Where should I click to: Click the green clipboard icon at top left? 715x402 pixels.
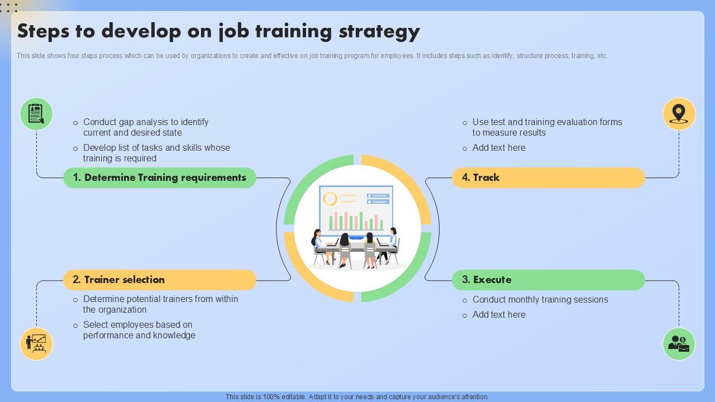click(x=36, y=114)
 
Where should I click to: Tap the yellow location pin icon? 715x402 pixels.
click(x=679, y=114)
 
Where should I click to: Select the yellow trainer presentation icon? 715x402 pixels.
click(x=36, y=344)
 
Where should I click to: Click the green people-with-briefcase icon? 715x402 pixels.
click(x=679, y=344)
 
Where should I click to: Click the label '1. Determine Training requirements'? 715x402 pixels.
click(x=160, y=178)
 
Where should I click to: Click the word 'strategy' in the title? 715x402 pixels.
click(x=379, y=32)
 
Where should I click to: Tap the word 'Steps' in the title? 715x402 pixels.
click(x=45, y=32)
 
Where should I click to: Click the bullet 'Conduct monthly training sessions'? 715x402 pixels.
click(x=540, y=300)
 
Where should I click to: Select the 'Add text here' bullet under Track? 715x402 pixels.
click(x=498, y=148)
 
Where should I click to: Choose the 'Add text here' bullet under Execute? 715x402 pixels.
click(x=498, y=315)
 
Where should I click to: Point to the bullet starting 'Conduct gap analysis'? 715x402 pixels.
click(x=145, y=127)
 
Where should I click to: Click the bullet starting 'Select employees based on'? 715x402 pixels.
click(x=139, y=330)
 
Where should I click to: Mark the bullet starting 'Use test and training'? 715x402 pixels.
click(x=546, y=127)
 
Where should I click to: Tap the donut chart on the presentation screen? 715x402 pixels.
click(x=330, y=199)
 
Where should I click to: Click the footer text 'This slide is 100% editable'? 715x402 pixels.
click(x=357, y=397)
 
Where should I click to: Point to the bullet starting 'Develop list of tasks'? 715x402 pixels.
click(x=156, y=153)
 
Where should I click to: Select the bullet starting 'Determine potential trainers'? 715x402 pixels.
click(x=160, y=304)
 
